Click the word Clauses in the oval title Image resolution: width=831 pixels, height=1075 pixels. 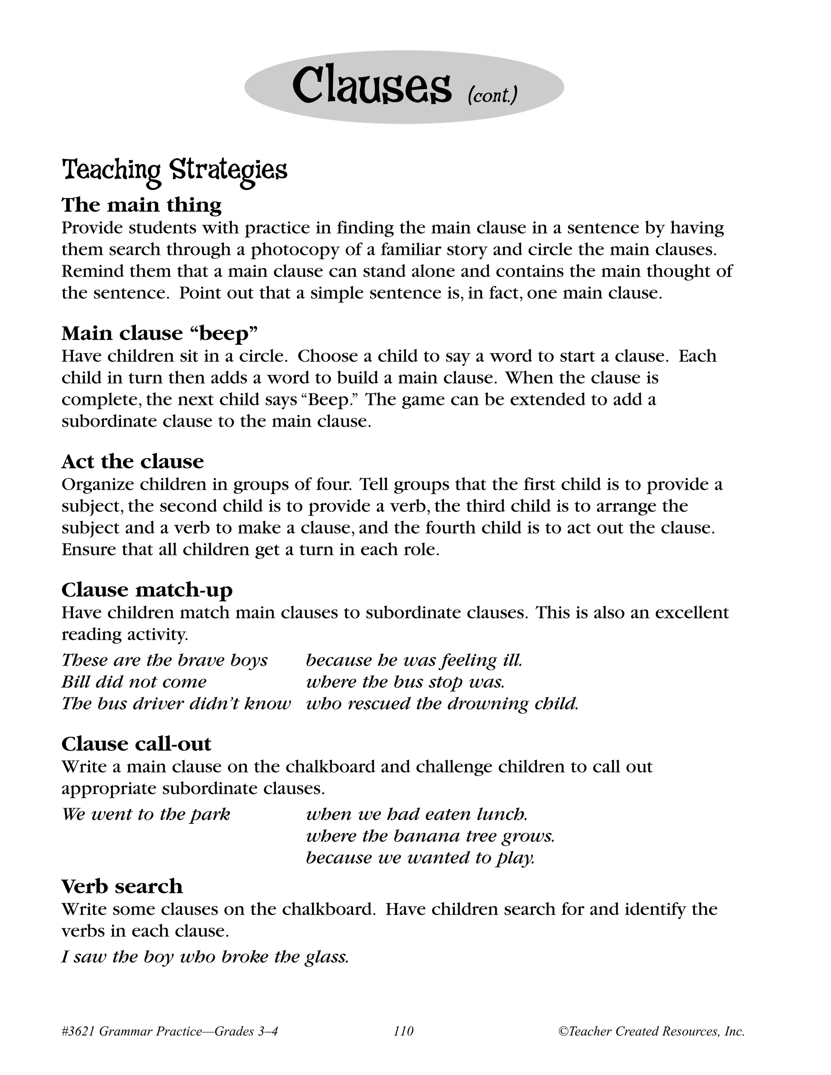(371, 87)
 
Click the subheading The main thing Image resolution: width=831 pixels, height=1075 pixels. (141, 205)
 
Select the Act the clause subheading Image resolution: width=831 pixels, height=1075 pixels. (132, 461)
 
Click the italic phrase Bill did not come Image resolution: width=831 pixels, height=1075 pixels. (134, 682)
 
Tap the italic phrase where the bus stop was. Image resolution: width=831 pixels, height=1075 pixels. (405, 682)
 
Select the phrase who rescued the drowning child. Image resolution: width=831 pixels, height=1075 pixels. (441, 703)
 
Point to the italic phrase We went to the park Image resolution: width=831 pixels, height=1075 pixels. (146, 814)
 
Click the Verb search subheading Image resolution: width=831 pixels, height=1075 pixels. (122, 886)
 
